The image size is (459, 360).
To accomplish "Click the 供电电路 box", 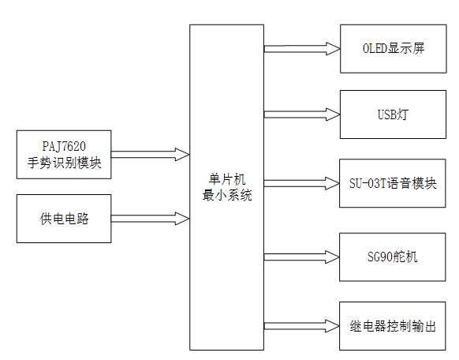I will tap(64, 219).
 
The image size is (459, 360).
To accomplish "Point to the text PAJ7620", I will tap(64, 146).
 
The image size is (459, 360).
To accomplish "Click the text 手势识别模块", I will tap(64, 163).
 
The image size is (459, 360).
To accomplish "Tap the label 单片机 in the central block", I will tap(226, 179).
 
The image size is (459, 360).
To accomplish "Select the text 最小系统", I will tap(226, 195).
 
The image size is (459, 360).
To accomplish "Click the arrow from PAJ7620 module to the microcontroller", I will tap(150, 153).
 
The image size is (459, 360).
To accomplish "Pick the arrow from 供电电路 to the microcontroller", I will tap(150, 218).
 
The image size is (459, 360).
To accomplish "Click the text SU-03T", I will tap(368, 183).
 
